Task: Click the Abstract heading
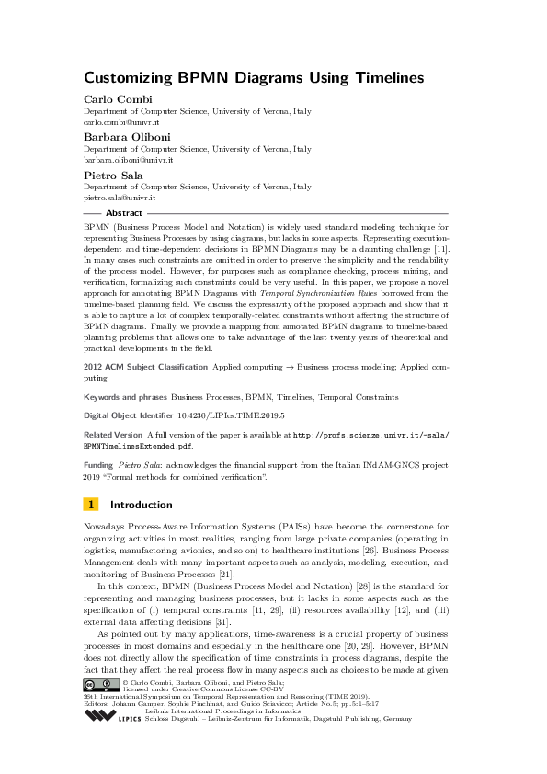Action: click(x=124, y=212)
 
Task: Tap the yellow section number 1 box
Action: click(x=91, y=505)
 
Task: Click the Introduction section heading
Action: click(x=141, y=505)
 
